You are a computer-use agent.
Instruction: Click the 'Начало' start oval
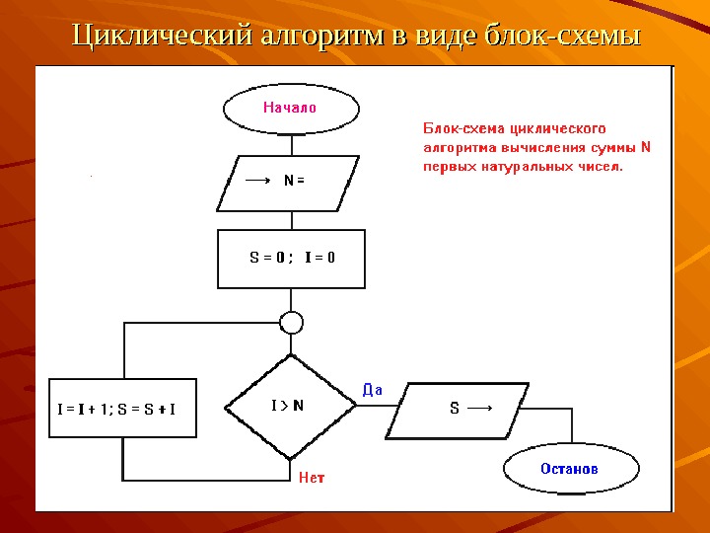(290, 108)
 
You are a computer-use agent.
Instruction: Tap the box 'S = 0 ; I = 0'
(291, 258)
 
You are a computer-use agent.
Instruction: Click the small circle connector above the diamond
(291, 323)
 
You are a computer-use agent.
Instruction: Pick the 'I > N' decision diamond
(290, 406)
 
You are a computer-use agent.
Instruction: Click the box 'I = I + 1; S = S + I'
(122, 408)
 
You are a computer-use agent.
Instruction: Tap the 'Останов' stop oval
(569, 468)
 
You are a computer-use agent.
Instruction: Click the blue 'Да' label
(373, 389)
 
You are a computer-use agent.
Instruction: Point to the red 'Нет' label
(312, 478)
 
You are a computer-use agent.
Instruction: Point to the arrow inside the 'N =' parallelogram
(257, 181)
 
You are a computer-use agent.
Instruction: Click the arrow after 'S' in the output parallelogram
(480, 408)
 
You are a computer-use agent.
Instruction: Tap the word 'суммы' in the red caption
(613, 148)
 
